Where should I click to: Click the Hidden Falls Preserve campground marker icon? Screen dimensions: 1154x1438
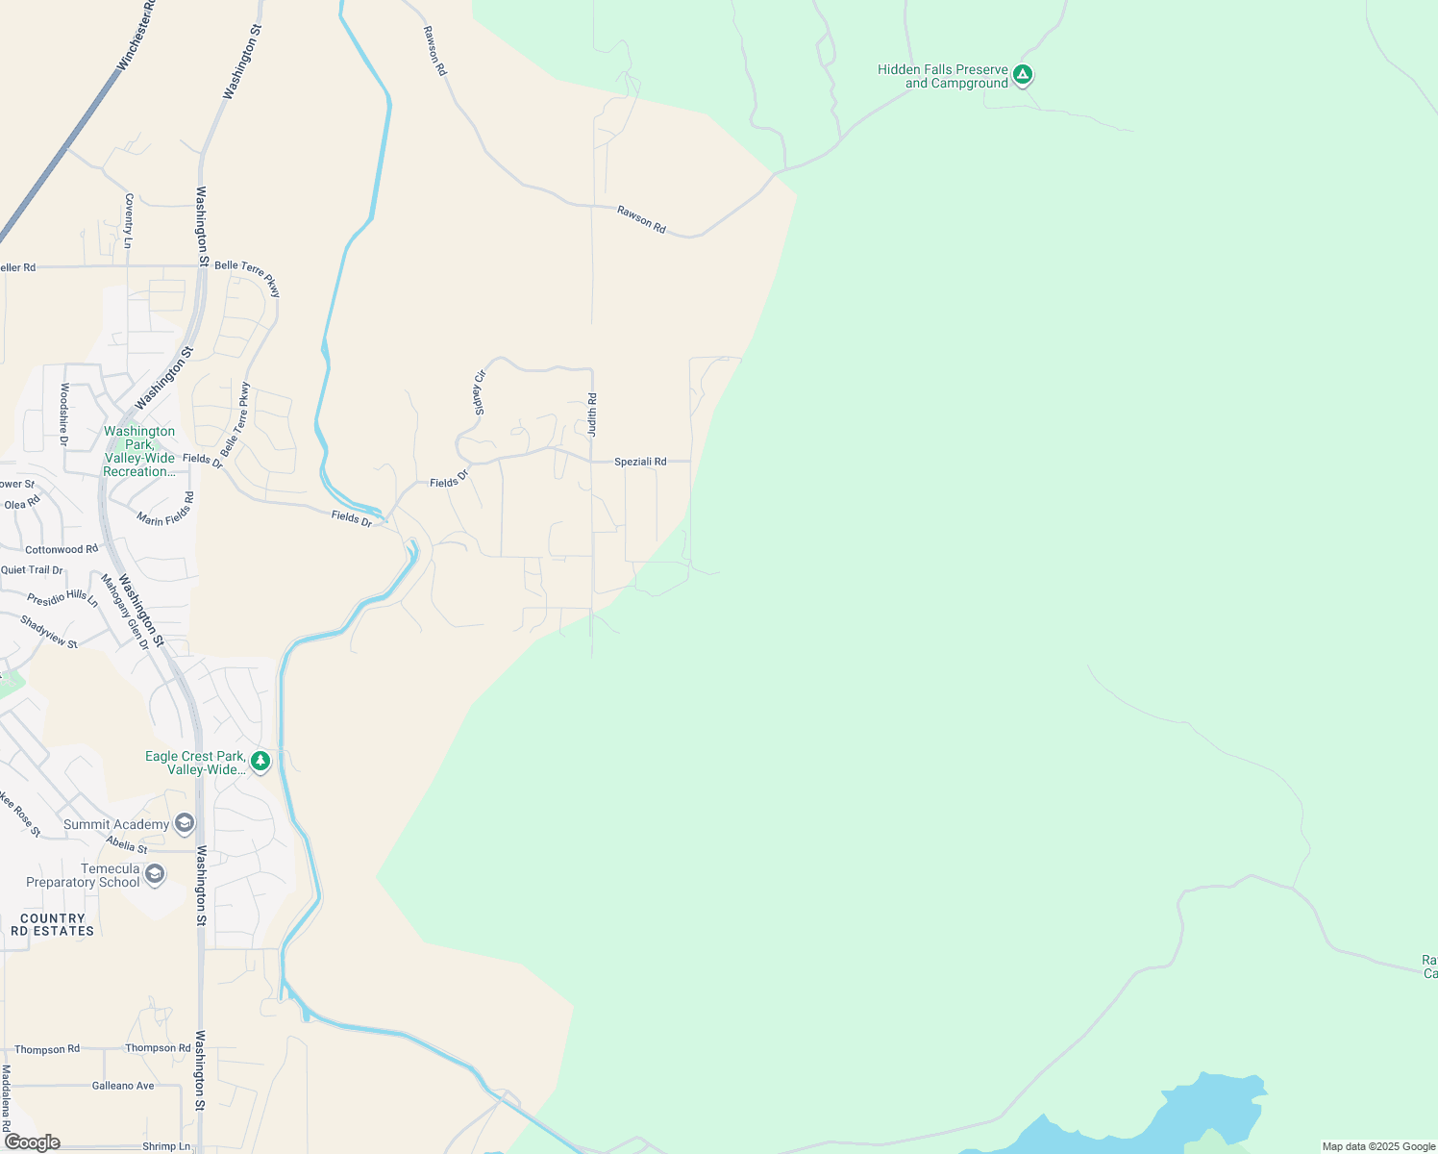pos(1023,74)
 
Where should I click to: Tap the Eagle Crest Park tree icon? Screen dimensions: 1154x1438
pos(260,762)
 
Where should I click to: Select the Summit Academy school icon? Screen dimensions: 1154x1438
pos(185,823)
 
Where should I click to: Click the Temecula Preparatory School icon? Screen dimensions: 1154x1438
pos(155,874)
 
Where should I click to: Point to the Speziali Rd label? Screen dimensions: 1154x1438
pos(640,462)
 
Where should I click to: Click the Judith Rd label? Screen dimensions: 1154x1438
pos(592,414)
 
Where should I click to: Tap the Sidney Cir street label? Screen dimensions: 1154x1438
pos(480,392)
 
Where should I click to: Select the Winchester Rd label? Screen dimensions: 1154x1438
pos(136,36)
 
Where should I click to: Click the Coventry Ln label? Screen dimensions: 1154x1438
pos(129,220)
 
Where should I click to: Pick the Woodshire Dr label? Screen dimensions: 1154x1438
pos(64,414)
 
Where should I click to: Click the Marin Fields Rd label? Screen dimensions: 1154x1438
pos(165,510)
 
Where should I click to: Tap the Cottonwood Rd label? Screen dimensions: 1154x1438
pos(62,549)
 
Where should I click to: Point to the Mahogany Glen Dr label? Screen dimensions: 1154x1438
pos(125,611)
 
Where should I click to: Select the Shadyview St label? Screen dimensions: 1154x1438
pos(49,632)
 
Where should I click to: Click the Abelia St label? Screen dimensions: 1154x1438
pos(127,844)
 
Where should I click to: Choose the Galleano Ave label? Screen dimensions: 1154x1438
pos(123,1086)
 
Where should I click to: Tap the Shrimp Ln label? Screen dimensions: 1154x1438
pos(166,1146)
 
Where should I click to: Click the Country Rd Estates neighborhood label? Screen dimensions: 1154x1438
pos(53,924)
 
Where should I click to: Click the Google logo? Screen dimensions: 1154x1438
pos(33,1142)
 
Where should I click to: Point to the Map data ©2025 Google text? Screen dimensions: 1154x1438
pos(1378,1146)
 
